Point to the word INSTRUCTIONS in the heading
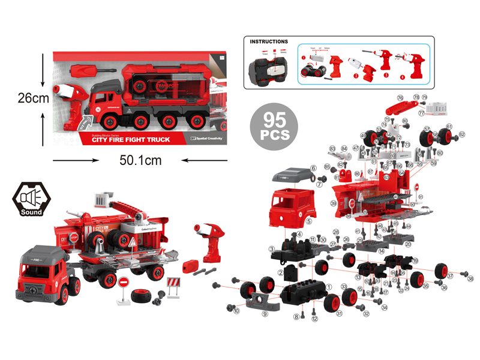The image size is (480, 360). pos(269,42)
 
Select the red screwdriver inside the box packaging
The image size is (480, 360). pos(86,71)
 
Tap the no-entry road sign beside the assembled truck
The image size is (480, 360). pos(124,284)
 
